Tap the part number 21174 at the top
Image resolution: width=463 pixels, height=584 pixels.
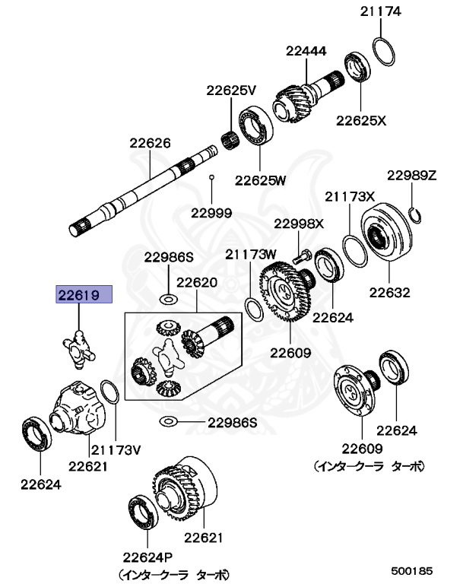click(382, 11)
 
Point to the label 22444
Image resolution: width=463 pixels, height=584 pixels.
click(306, 51)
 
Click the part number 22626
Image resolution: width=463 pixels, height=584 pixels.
click(150, 142)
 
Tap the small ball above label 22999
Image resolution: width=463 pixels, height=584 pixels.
click(212, 177)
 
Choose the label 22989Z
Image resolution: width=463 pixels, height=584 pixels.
click(411, 175)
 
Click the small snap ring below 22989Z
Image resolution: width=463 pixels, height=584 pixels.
click(415, 214)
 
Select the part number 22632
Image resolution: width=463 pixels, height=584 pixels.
click(390, 291)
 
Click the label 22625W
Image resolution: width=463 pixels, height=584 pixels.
click(260, 180)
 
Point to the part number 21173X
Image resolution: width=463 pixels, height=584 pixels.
click(350, 196)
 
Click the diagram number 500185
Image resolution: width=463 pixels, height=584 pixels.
click(412, 569)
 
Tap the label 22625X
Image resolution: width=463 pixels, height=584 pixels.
click(362, 120)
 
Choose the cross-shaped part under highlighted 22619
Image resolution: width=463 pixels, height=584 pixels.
click(80, 345)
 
